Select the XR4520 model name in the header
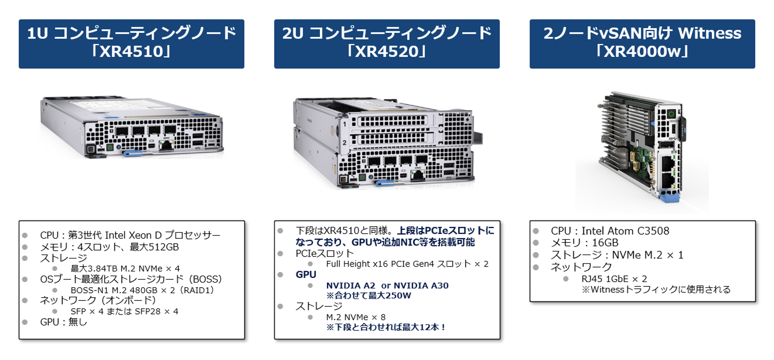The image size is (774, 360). (387, 51)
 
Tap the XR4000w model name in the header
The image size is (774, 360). (642, 51)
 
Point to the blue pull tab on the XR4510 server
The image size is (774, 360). (132, 153)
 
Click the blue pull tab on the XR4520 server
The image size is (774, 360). (385, 182)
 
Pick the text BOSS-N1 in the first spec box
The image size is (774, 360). (89, 290)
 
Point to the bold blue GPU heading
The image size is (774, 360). (306, 275)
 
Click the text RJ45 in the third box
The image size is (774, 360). (592, 279)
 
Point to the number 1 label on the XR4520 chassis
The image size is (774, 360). (344, 124)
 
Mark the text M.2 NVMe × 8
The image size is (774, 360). (356, 317)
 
